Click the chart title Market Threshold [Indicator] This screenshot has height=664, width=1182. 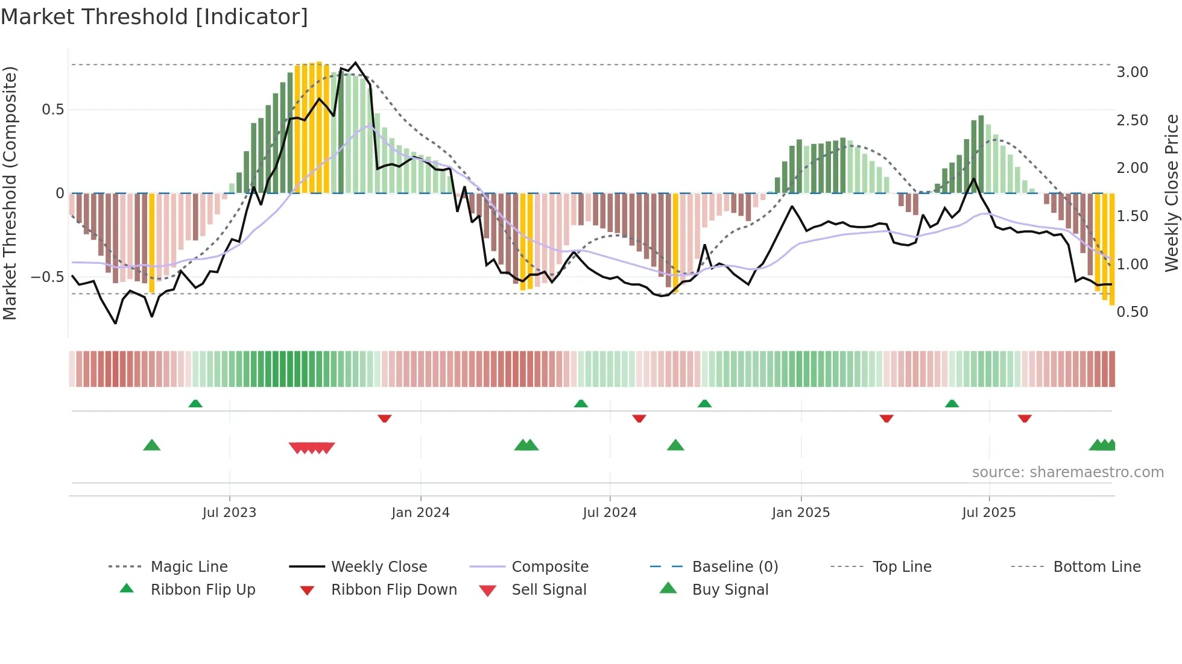click(x=154, y=17)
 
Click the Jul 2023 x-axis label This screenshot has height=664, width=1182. click(x=229, y=512)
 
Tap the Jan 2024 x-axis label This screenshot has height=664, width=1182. click(x=420, y=512)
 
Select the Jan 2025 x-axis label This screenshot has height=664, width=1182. click(x=800, y=512)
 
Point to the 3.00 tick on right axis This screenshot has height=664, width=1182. click(x=1132, y=72)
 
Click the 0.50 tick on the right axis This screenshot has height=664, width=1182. click(x=1132, y=312)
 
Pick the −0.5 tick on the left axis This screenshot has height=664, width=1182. click(x=47, y=277)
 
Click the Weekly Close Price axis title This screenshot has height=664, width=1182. click(x=1171, y=193)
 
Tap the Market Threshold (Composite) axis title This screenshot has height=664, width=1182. click(x=10, y=193)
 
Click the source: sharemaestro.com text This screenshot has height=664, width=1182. click(x=1067, y=472)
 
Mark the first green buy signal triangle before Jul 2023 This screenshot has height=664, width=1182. click(x=152, y=445)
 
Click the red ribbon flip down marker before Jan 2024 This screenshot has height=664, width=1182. click(x=385, y=418)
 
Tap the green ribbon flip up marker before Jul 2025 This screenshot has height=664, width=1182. click(x=952, y=404)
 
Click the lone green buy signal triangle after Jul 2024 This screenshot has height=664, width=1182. click(x=675, y=445)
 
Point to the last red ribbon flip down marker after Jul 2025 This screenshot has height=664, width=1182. click(x=1025, y=418)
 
